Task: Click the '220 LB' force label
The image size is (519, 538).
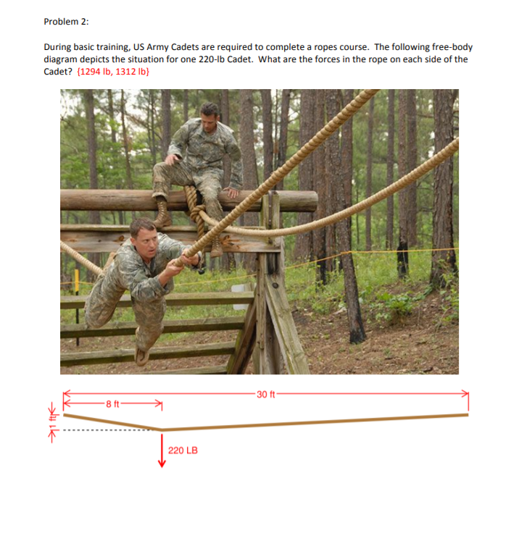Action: point(183,450)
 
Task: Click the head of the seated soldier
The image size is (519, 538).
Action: point(209,114)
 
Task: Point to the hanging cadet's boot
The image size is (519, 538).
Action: point(142,356)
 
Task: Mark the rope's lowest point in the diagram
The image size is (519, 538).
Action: point(161,429)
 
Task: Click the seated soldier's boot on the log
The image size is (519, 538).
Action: point(162,217)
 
